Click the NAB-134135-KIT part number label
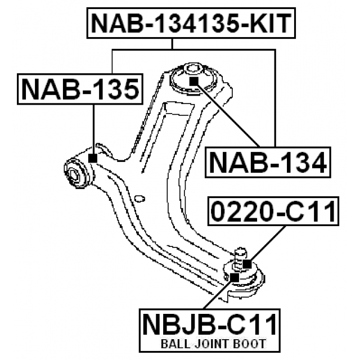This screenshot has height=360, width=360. tap(191, 24)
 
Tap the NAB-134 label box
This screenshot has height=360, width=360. tap(268, 163)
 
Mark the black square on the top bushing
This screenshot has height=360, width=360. tap(193, 80)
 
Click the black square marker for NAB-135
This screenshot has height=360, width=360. tap(93, 159)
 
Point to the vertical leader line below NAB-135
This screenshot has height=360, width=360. tap(93, 129)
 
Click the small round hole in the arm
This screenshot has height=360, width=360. tap(141, 197)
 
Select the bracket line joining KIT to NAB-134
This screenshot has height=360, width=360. tap(275, 96)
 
